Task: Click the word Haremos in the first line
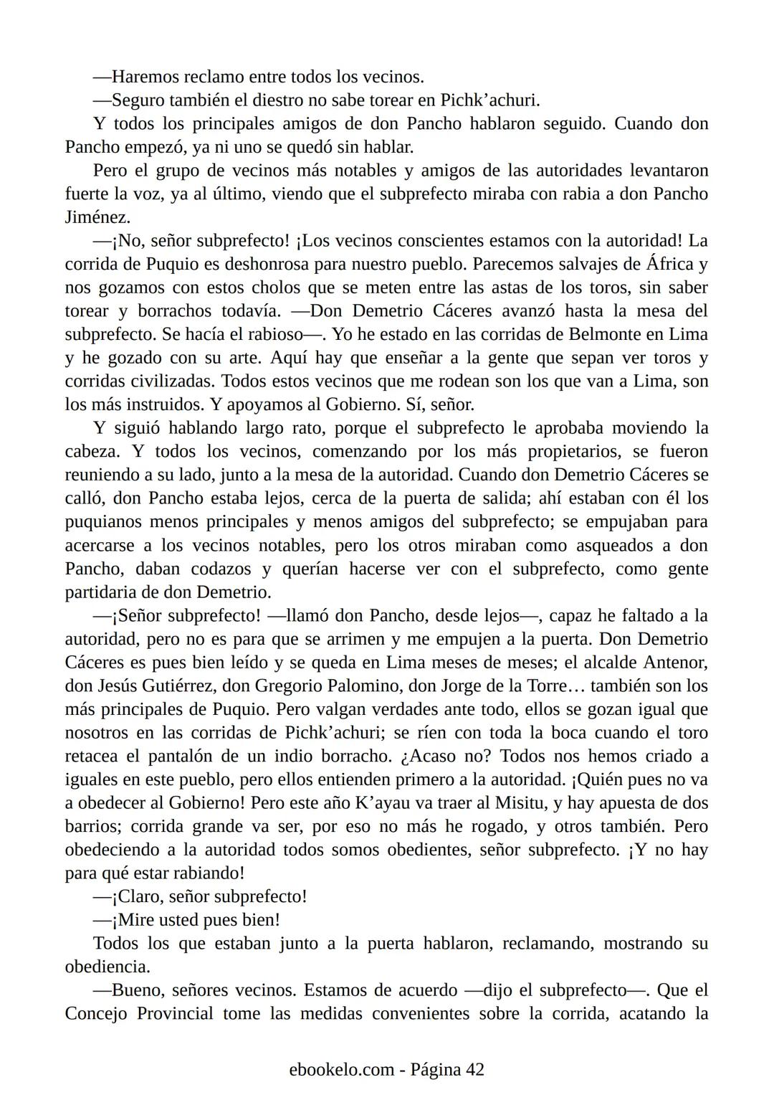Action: (x=145, y=77)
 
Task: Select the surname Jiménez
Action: (x=97, y=217)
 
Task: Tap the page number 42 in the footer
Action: (x=474, y=1070)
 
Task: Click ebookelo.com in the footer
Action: (x=341, y=1070)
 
